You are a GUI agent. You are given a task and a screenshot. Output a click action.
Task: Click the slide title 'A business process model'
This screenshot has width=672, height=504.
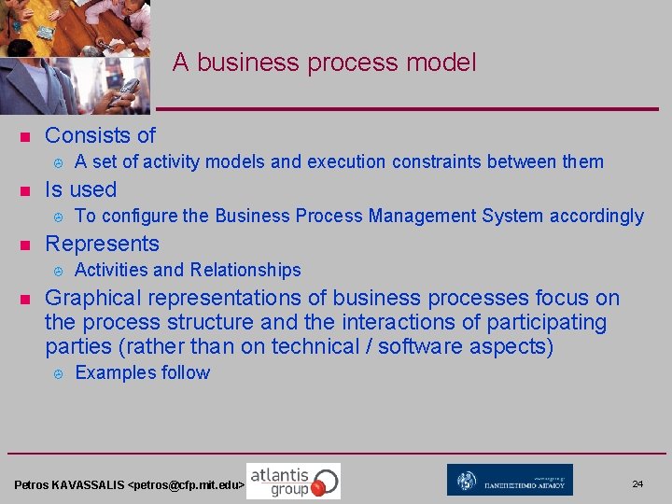point(324,63)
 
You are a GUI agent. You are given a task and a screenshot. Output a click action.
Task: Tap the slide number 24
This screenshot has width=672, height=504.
point(637,483)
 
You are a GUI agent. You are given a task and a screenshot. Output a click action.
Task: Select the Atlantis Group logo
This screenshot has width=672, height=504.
point(293,481)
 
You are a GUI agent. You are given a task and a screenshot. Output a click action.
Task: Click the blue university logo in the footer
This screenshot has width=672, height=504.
point(510,480)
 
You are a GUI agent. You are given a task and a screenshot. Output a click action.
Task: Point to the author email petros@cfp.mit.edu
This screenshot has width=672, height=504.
point(187,486)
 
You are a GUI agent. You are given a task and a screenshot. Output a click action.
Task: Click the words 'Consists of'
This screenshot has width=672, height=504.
point(100,135)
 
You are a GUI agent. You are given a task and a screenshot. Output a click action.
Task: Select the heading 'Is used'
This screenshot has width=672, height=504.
point(80,189)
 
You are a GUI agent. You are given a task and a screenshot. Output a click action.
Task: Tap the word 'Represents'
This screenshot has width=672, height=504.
point(102,244)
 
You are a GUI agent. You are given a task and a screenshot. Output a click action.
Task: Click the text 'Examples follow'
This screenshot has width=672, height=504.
point(142,373)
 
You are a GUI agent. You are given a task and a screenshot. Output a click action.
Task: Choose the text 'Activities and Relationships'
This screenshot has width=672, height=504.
point(187,271)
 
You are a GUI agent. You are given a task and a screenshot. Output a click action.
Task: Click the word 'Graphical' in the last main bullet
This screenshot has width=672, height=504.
point(91,298)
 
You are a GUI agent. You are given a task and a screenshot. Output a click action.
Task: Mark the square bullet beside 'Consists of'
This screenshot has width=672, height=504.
point(25,137)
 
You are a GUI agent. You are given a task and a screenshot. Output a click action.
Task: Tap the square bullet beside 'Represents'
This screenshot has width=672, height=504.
point(25,245)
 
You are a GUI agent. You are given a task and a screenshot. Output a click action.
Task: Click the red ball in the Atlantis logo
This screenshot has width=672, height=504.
point(318,486)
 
